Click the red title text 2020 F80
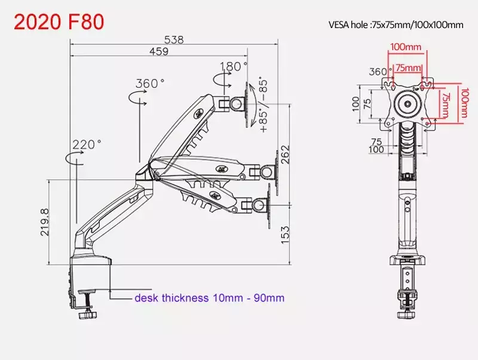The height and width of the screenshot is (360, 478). click(x=59, y=21)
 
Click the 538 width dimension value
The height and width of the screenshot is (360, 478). click(x=174, y=40)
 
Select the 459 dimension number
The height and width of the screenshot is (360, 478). click(x=159, y=51)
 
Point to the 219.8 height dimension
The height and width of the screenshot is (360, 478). click(x=44, y=222)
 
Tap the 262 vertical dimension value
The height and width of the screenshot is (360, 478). click(x=285, y=155)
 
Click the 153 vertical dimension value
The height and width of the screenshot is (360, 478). click(x=285, y=235)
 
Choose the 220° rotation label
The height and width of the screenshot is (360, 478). click(x=87, y=144)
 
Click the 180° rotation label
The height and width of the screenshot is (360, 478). click(x=234, y=66)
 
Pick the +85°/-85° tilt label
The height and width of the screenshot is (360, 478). click(x=263, y=106)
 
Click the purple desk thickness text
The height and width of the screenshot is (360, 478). click(x=210, y=297)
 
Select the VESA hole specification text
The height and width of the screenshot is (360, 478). click(x=396, y=24)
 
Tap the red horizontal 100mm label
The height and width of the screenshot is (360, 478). click(x=406, y=47)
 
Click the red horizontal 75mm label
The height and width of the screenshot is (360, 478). click(x=408, y=67)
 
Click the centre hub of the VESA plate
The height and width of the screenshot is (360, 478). click(x=407, y=104)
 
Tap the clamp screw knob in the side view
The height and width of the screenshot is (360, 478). click(x=88, y=315)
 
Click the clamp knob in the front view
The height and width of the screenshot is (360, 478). click(x=407, y=314)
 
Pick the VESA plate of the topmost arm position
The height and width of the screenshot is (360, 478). click(x=247, y=104)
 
